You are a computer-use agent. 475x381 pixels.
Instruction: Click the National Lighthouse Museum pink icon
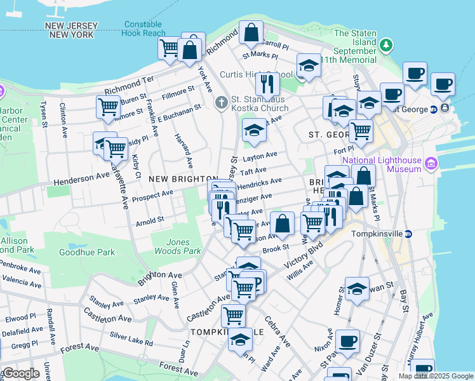pyautogui.click(x=432, y=165)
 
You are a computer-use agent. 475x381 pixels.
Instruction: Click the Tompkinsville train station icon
pyautogui.click(x=408, y=234)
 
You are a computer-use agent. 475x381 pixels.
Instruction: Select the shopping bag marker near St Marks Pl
pyautogui.click(x=251, y=32)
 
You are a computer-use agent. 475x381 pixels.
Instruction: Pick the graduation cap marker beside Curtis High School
pyautogui.click(x=309, y=65)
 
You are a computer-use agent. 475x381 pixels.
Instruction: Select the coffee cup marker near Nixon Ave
pyautogui.click(x=347, y=341)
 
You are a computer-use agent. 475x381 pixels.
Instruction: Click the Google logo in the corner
pyautogui.click(x=21, y=373)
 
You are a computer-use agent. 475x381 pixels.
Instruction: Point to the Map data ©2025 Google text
pyautogui.click(x=435, y=376)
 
